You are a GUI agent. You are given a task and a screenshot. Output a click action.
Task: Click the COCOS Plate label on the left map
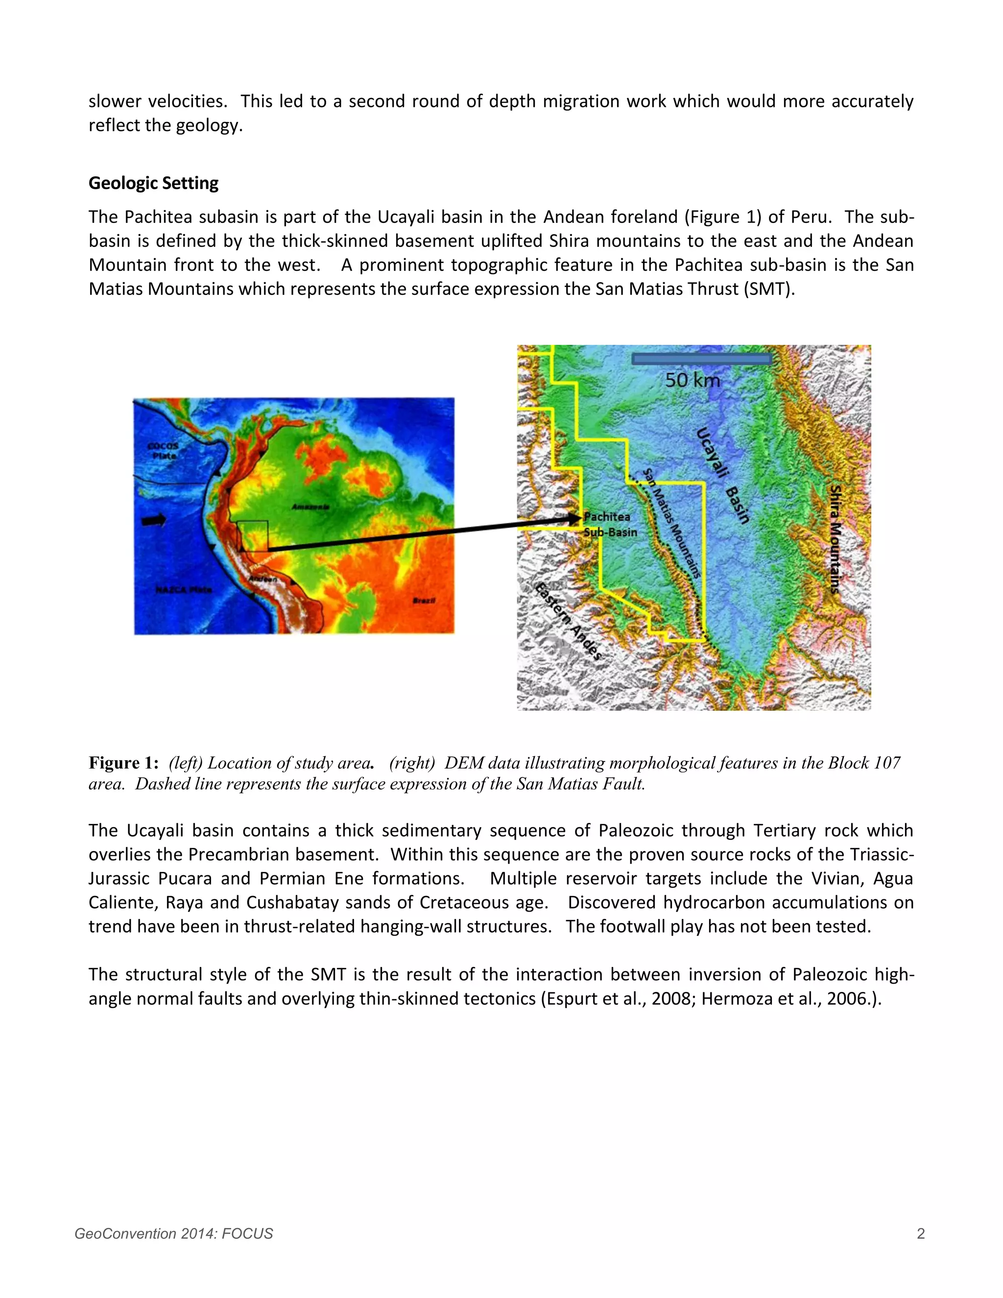162,451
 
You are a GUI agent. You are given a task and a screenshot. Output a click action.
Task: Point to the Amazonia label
310,506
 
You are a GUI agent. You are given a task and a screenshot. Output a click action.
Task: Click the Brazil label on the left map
424,601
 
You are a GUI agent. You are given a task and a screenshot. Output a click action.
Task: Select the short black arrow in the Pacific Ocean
154,521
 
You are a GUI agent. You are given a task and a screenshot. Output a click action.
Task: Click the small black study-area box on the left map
253,536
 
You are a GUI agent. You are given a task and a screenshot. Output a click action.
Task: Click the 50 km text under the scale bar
692,381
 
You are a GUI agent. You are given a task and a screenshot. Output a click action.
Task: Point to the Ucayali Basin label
721,476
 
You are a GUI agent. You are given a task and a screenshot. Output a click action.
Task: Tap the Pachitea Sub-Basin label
609,524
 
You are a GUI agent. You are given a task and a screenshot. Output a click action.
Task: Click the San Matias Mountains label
671,523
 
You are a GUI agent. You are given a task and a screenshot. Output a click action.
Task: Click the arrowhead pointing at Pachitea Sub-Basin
574,518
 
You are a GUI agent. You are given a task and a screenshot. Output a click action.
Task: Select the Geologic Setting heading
153,183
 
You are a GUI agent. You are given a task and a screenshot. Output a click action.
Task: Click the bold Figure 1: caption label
123,763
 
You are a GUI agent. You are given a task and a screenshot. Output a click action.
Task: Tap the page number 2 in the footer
920,1234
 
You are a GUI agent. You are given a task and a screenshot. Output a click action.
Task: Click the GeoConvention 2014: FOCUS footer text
173,1234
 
